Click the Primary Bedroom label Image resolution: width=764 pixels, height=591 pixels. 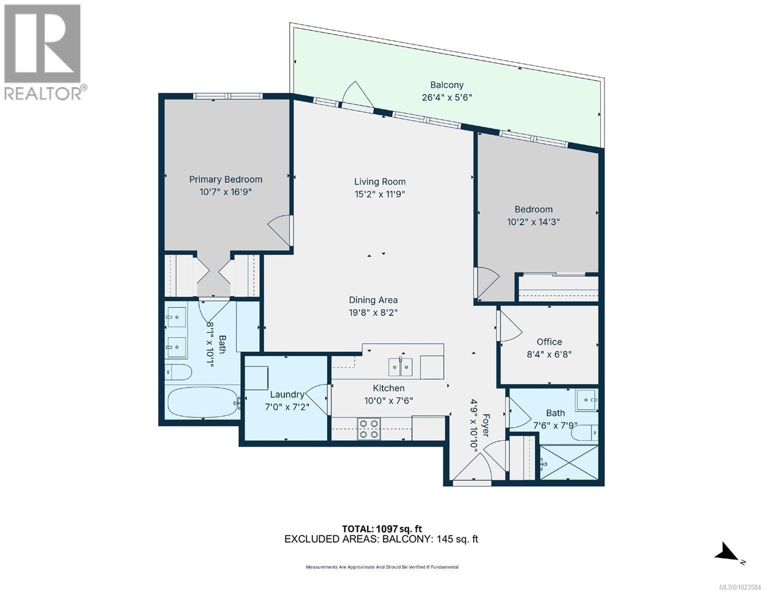tap(226, 179)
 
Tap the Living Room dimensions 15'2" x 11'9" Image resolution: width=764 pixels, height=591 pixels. tap(380, 194)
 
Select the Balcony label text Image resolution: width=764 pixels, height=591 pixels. tap(447, 85)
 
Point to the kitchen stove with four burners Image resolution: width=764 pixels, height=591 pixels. tap(368, 428)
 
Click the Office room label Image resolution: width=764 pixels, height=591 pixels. tap(549, 342)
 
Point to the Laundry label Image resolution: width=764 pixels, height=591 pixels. tap(287, 394)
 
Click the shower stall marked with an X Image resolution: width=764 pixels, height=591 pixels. tap(569, 462)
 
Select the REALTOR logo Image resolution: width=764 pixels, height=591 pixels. tap(43, 52)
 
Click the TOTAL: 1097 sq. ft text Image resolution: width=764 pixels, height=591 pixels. tap(382, 528)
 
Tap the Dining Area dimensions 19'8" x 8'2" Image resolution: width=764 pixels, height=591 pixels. tap(373, 312)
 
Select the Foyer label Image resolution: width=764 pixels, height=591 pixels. tap(485, 425)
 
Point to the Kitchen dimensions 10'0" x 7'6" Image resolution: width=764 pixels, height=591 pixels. tap(389, 401)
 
